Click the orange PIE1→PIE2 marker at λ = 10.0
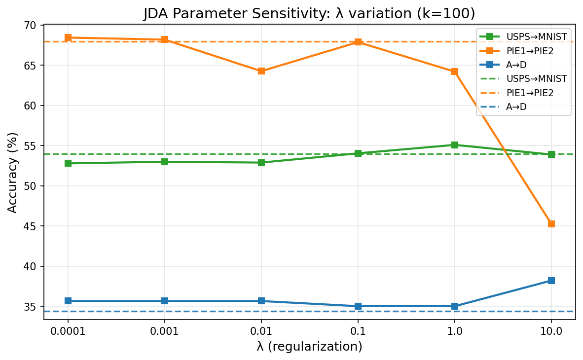pos(551,224)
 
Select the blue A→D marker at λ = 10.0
pos(551,281)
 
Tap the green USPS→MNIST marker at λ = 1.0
pos(455,145)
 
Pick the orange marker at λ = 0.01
pos(261,71)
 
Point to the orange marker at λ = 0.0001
pos(68,37)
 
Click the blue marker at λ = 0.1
pos(358,306)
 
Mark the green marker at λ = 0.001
pos(165,162)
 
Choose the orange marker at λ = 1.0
pos(455,72)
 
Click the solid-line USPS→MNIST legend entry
pos(523,36)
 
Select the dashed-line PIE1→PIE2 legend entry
pos(523,92)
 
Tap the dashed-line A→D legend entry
pos(523,106)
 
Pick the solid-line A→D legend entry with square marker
pos(523,65)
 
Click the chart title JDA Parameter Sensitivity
pos(309,14)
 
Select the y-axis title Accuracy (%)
pos(13,172)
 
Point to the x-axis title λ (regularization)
pos(309,347)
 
